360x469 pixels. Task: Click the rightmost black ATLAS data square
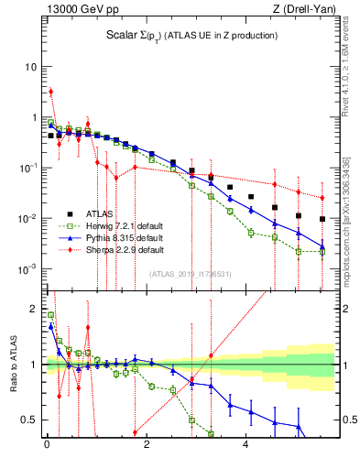pyautogui.click(x=322, y=219)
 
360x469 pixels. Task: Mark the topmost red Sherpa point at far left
pyautogui.click(x=51, y=91)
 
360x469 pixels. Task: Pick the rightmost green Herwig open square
pyautogui.click(x=322, y=252)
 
